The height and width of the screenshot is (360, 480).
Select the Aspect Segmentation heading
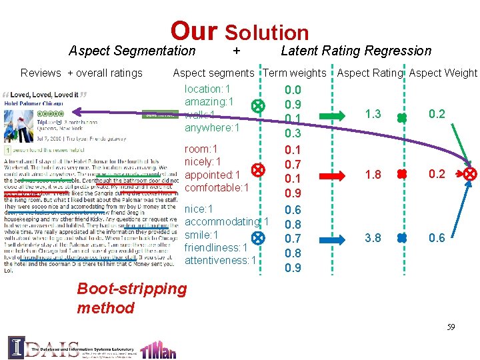[x=132, y=51]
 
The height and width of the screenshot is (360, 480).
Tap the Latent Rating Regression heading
[x=356, y=51]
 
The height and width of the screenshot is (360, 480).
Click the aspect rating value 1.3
[x=373, y=114]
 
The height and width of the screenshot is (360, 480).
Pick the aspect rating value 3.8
[x=373, y=237]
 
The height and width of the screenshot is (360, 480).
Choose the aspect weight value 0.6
[x=437, y=237]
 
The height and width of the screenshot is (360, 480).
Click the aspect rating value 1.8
[x=373, y=174]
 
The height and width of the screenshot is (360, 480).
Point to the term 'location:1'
[x=207, y=89]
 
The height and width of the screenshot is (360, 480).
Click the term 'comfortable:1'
[x=217, y=187]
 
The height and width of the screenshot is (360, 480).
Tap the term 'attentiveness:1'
[x=220, y=260]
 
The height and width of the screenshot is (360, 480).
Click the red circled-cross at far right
[x=471, y=174]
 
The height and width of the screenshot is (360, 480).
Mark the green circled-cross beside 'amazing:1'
[x=257, y=106]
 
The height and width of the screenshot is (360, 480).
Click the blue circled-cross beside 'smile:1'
[x=257, y=237]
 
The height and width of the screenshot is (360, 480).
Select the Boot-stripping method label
[x=122, y=298]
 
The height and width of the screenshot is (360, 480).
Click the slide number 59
[x=451, y=327]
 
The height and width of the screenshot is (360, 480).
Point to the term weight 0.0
[x=293, y=90]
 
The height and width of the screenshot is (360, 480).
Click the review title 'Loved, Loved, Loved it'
[x=44, y=95]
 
